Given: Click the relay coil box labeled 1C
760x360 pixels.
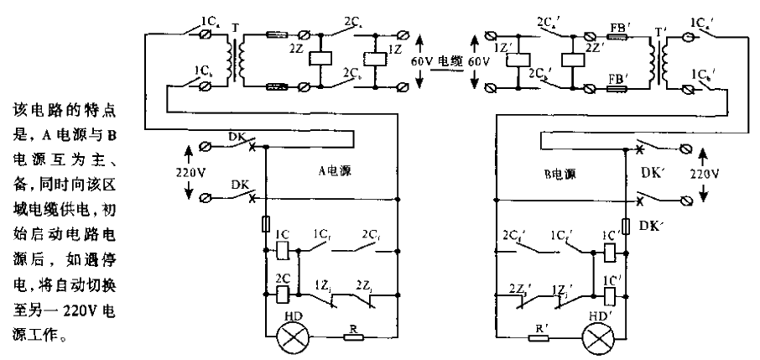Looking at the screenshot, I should coord(283,250).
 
